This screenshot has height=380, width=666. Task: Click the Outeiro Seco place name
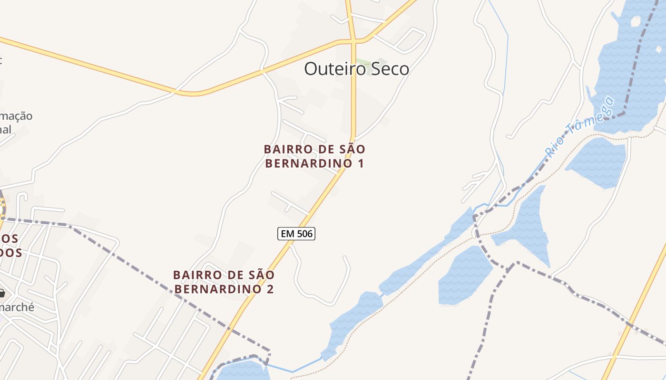[356, 69]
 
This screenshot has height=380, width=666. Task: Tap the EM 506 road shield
[296, 234]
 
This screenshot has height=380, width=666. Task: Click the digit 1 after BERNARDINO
[361, 164]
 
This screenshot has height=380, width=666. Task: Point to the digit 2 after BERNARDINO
[270, 289]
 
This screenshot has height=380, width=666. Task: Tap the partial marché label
[17, 307]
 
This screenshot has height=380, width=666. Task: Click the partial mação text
[17, 116]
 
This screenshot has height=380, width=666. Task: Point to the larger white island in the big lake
[635, 21]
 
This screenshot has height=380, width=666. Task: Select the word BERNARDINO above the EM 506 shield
[309, 164]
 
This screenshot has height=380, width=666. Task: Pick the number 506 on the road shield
[304, 234]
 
